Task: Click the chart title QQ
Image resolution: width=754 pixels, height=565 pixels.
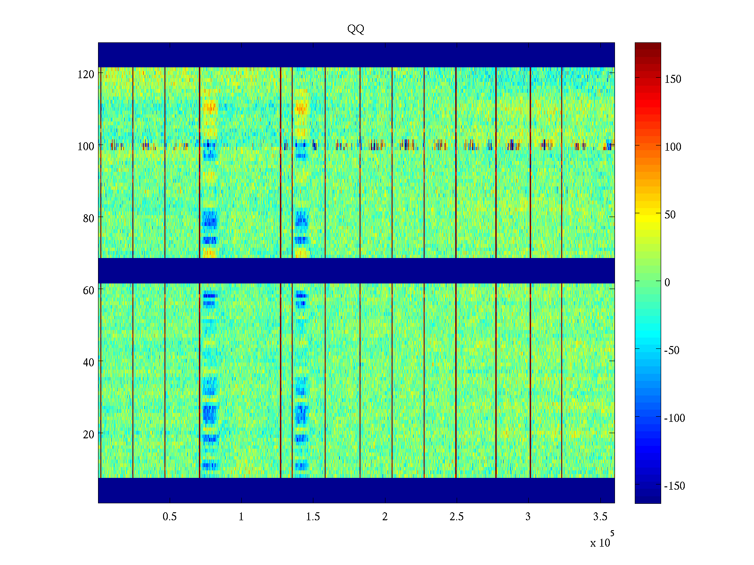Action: [x=356, y=30]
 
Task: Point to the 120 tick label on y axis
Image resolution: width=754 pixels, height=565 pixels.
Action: [x=86, y=74]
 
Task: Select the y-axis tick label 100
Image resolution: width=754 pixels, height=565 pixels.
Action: [x=86, y=146]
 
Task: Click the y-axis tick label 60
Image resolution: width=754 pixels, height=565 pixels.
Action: [x=89, y=291]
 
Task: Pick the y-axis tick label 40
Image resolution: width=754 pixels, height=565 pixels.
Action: [x=89, y=363]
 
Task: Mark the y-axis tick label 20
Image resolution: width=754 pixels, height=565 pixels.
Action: [x=89, y=435]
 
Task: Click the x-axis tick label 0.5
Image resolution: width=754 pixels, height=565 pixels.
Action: [x=170, y=517]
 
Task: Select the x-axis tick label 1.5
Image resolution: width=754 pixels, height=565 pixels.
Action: [x=313, y=517]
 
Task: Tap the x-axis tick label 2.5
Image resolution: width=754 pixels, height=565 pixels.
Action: [x=456, y=517]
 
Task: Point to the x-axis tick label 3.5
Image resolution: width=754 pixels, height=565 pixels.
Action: [x=600, y=517]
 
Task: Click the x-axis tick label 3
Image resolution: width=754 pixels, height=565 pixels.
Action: [x=528, y=517]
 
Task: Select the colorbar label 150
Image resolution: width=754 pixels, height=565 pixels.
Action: [x=673, y=80]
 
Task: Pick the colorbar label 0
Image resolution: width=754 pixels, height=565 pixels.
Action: [x=667, y=282]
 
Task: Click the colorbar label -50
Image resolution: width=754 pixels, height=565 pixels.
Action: [x=672, y=351]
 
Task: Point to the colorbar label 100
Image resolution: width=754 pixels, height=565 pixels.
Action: [x=673, y=147]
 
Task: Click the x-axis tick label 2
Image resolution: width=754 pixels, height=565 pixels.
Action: [x=385, y=517]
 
